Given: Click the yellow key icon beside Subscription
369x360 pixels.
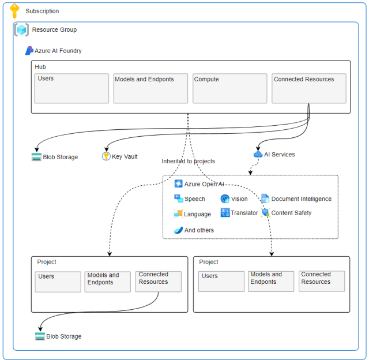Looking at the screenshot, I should tap(14, 11).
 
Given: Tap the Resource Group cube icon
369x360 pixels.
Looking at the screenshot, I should tap(22, 30).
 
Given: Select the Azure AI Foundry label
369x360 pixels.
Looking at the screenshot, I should tap(58, 51).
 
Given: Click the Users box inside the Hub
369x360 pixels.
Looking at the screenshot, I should tap(71, 88).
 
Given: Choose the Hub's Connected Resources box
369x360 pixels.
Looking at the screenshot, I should tap(308, 88).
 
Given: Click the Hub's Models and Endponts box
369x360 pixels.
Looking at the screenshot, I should tap(150, 88).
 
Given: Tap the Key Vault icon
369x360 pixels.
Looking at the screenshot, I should tap(106, 156).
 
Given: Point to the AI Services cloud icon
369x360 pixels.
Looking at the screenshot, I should tap(258, 154).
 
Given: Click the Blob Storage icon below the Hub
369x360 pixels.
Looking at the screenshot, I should tap(36, 157).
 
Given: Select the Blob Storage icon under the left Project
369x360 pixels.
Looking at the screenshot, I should tap(40, 336).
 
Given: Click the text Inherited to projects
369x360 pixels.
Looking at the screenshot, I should tap(188, 161).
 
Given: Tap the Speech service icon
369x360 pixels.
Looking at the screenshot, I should tap(179, 198).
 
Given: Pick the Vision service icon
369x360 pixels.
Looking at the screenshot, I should tap(225, 198).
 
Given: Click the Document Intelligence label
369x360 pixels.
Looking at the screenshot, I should tap(301, 199).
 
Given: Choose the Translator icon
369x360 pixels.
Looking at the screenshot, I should tap(225, 213).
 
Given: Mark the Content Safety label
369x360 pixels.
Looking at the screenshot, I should tap(291, 213).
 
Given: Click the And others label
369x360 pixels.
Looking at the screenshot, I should tap(199, 230).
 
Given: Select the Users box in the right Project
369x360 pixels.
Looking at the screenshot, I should tap(221, 281).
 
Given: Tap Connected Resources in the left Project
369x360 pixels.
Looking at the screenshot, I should tap(158, 281).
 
